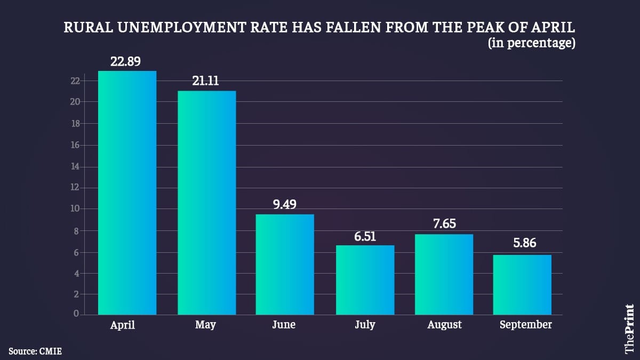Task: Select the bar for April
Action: pos(127,193)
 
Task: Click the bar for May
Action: pos(206,203)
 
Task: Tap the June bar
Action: pos(285,265)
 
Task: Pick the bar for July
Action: pos(365,280)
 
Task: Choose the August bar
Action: pos(444,274)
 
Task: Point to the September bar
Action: pos(522,285)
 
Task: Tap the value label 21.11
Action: pos(206,82)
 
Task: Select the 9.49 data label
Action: pos(285,204)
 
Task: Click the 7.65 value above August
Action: pos(444,224)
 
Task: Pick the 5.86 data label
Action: pos(523,244)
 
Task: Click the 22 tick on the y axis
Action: pos(75,81)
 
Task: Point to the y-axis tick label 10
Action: pos(75,209)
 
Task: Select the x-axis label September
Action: pos(525,324)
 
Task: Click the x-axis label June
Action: pos(284,324)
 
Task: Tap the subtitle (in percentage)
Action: pos(532,43)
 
